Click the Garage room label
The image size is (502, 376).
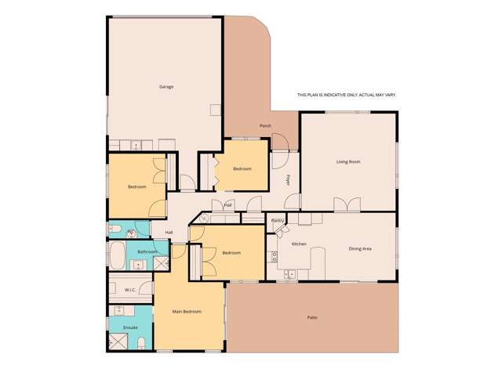(166, 86)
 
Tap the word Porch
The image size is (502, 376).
(265, 125)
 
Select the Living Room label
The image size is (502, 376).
(348, 162)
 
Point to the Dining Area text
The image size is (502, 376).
(360, 248)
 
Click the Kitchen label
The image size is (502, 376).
(299, 244)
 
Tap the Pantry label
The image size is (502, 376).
(277, 221)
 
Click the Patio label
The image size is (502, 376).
(312, 317)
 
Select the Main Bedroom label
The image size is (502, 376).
(187, 312)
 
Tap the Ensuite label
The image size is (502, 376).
(130, 327)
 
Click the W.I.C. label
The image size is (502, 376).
(130, 290)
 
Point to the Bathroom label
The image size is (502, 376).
(147, 251)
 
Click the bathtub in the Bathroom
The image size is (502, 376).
(118, 254)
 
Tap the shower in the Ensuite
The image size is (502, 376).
(119, 342)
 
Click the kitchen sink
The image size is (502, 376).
(290, 274)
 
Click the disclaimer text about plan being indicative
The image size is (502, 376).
(346, 95)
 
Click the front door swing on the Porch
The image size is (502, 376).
(282, 143)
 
